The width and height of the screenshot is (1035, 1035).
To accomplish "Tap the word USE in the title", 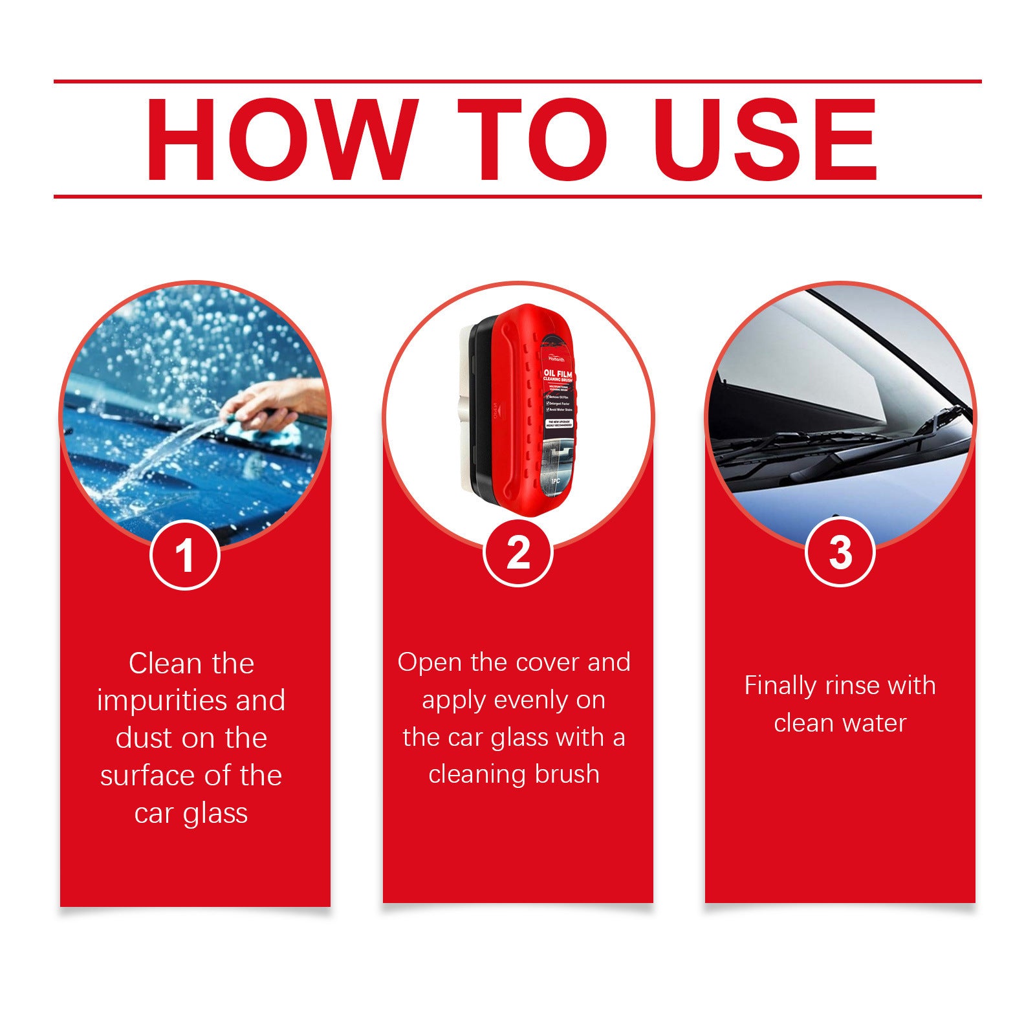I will [768, 140].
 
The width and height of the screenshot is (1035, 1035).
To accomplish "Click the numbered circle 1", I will [185, 555].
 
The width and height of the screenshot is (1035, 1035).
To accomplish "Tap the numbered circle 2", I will [517, 553].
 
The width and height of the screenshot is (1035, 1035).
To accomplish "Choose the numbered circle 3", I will [840, 553].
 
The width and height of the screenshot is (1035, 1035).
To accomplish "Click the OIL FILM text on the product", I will [556, 373].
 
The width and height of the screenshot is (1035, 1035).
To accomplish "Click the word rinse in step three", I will [852, 686].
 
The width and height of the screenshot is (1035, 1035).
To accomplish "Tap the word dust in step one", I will [144, 738].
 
